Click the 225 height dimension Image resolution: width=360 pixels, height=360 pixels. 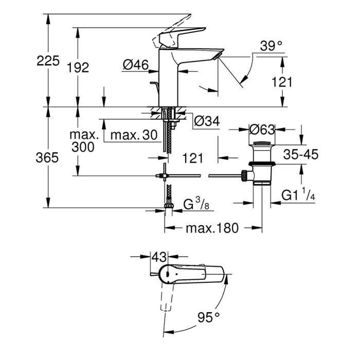pyautogui.click(x=48, y=60)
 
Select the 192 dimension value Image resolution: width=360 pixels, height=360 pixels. pyautogui.click(x=79, y=67)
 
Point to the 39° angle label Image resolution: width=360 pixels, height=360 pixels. pyautogui.click(x=271, y=46)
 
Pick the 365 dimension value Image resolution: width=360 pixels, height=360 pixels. pyautogui.click(x=48, y=158)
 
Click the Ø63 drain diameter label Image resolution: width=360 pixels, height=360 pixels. pyautogui.click(x=262, y=129)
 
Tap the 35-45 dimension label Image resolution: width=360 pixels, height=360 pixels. pyautogui.click(x=301, y=154)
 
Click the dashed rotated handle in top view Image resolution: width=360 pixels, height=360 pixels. pyautogui.click(x=166, y=298)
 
